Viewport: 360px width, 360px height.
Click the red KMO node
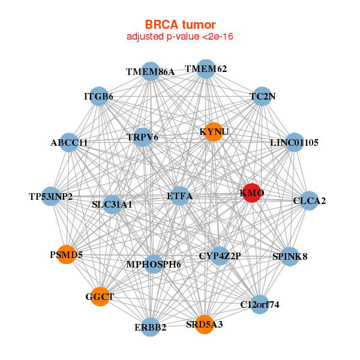tap(252, 193)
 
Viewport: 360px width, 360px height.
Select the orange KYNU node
tap(214, 132)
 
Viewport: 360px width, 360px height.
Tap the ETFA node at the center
tap(180, 196)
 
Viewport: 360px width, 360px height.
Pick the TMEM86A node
tap(151, 71)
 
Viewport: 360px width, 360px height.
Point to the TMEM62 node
tap(206, 69)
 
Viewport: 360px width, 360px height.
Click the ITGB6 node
tap(99, 96)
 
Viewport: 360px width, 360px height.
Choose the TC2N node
tap(262, 96)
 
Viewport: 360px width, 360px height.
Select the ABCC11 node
tap(69, 142)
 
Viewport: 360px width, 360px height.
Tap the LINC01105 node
tap(295, 142)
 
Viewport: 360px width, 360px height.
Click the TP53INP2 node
tap(51, 196)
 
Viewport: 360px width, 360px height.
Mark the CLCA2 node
tap(309, 200)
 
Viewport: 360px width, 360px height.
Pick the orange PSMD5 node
tap(67, 254)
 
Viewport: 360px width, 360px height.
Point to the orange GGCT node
tap(100, 296)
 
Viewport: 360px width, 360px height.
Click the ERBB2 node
tap(150, 327)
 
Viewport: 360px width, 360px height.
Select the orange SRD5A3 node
tap(205, 324)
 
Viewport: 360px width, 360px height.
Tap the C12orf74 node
tap(259, 304)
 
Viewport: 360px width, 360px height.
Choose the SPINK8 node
tap(290, 256)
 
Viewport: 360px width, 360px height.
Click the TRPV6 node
tap(142, 137)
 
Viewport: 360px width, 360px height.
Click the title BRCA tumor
tap(180, 25)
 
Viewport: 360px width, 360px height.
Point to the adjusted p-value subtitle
tap(180, 37)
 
